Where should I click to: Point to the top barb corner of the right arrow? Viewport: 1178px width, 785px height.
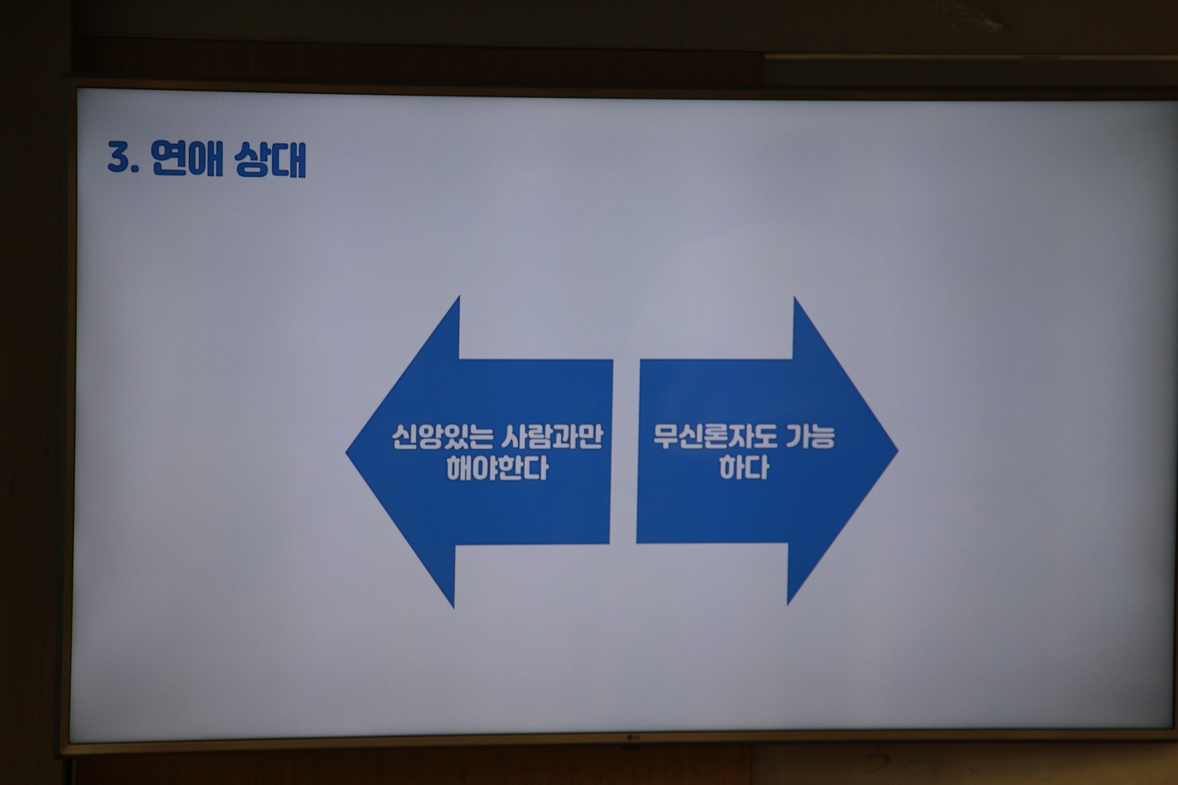(x=794, y=297)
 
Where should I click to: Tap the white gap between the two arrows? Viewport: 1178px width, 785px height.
(x=624, y=451)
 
